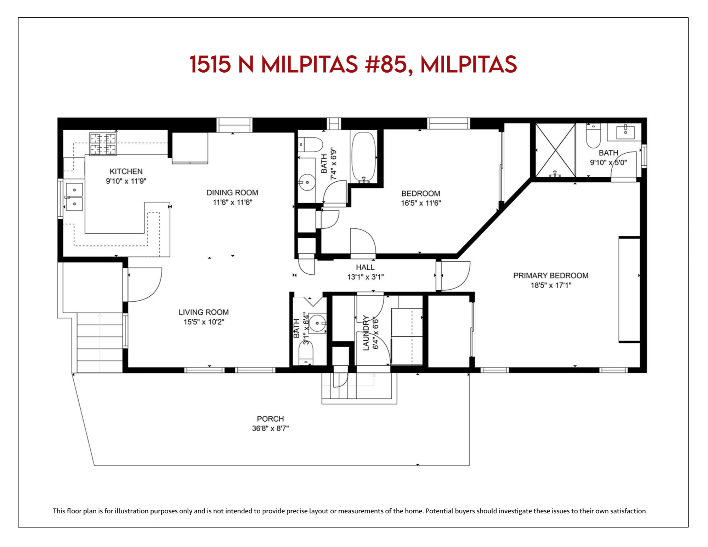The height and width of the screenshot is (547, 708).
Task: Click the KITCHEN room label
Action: click(x=126, y=171)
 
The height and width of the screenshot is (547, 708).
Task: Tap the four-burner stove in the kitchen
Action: click(x=103, y=144)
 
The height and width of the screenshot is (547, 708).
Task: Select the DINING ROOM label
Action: click(x=232, y=193)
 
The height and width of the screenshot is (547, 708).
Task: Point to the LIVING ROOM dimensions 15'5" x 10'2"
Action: click(x=204, y=322)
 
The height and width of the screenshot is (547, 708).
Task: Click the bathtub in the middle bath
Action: click(x=363, y=157)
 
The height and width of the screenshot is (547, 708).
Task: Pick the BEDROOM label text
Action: click(x=421, y=193)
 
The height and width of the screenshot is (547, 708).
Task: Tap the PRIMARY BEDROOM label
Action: click(x=551, y=275)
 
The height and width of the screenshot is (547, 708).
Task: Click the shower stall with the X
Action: click(x=555, y=150)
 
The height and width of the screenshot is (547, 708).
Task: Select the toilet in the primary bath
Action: click(x=593, y=136)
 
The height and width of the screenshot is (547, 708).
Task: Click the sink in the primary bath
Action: click(x=625, y=132)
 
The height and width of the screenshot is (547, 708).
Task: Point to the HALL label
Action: click(x=365, y=267)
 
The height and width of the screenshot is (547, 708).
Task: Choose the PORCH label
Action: click(x=270, y=419)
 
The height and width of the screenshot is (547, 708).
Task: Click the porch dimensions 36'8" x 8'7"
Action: click(x=270, y=428)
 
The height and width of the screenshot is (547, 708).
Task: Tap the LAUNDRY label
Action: click(x=366, y=333)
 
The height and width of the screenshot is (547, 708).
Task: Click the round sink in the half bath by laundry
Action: click(x=317, y=323)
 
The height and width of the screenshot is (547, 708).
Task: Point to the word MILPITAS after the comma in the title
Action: click(x=468, y=64)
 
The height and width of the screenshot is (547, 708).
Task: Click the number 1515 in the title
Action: click(x=210, y=64)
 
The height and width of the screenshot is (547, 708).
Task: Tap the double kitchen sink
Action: click(x=74, y=197)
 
